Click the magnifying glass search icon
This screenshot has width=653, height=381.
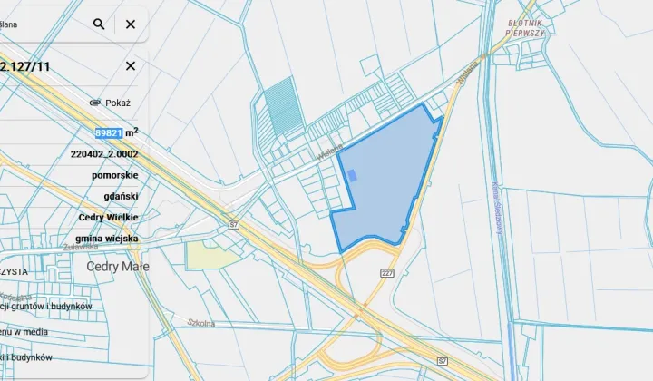99,24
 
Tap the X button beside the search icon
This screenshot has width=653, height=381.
131,24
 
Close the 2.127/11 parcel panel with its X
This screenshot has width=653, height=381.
131,66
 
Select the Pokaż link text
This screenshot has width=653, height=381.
118,103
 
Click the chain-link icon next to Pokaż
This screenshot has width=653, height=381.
93,103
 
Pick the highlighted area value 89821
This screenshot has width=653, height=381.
109,132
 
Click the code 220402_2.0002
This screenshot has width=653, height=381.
103,154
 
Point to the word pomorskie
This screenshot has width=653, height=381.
114,175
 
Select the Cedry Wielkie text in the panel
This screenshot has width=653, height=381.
108,218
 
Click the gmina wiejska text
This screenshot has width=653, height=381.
108,239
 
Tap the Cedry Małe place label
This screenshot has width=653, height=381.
118,267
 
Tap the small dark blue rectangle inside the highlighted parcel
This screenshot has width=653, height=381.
353,175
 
